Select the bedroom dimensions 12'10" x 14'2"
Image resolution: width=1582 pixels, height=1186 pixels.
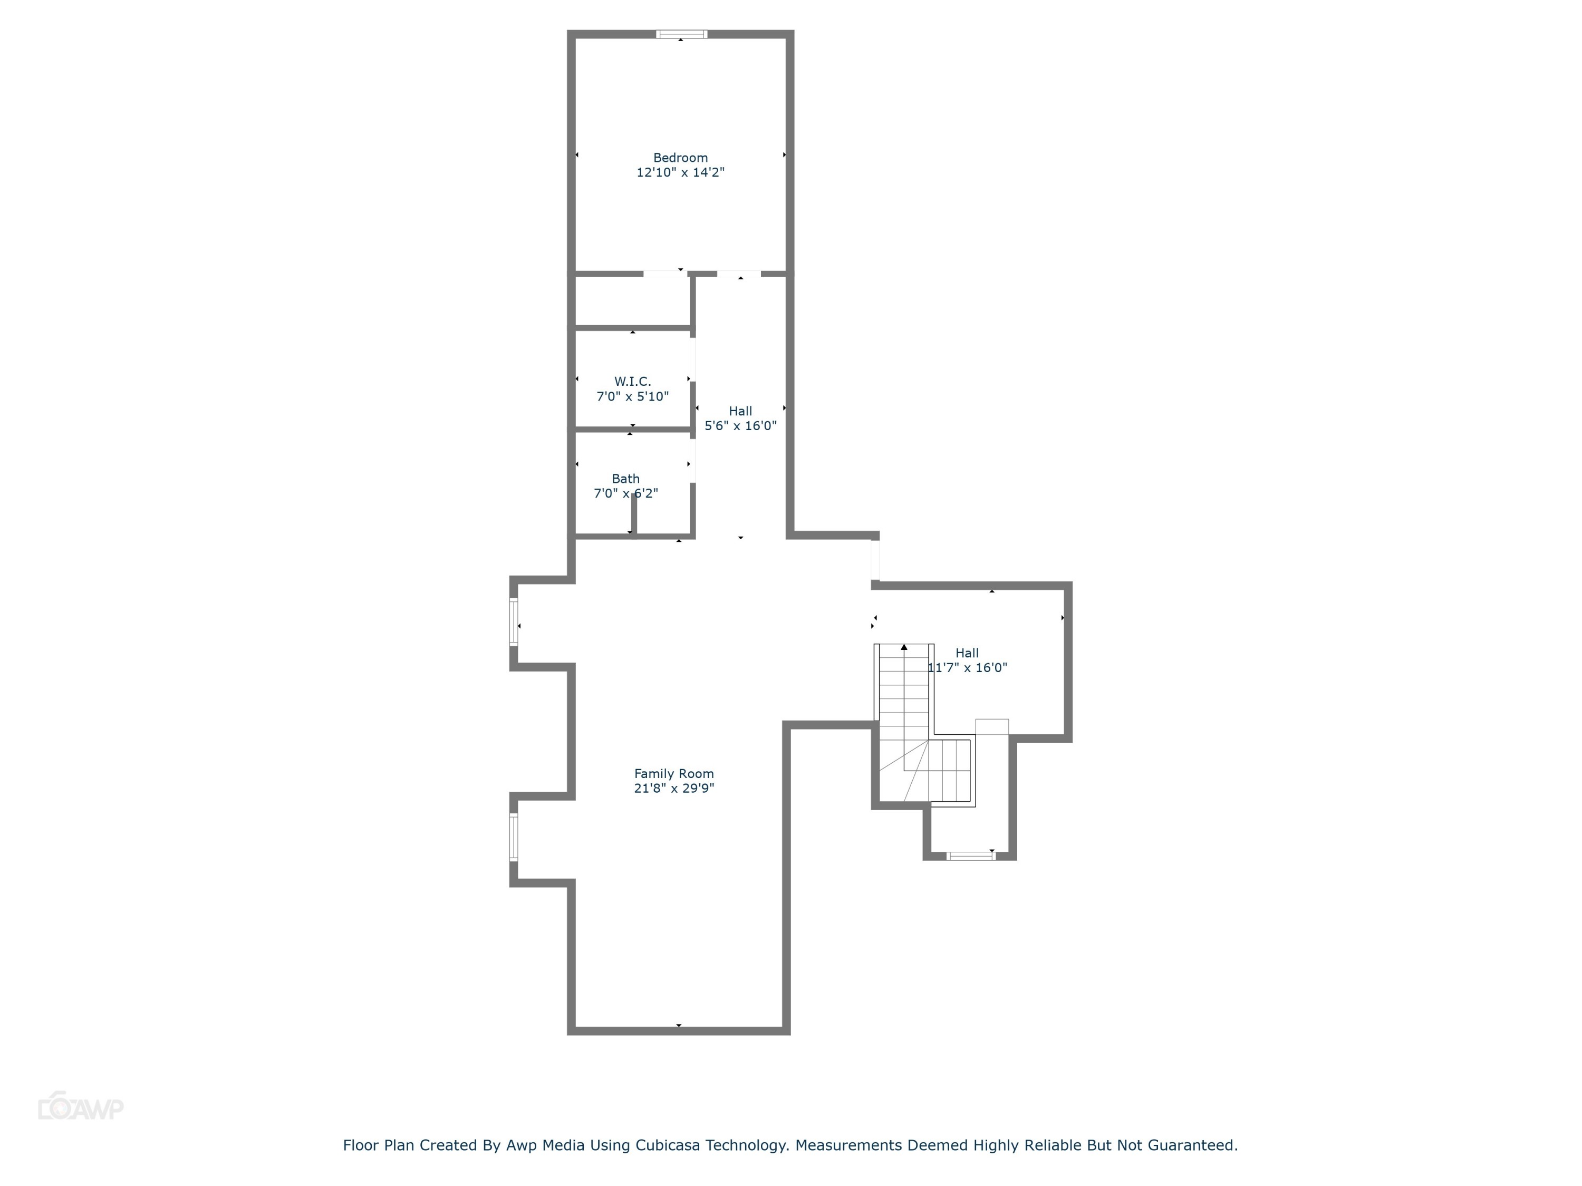[x=680, y=172]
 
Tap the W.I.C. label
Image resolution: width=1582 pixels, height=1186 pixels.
[x=632, y=382]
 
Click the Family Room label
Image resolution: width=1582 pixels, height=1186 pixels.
[x=674, y=773]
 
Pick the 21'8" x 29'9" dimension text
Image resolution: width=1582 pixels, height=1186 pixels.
[x=674, y=789]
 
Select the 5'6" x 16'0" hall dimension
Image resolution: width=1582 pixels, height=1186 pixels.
[x=740, y=426]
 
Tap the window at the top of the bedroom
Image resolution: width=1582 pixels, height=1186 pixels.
[x=681, y=34]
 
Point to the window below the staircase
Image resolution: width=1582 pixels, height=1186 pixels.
[x=970, y=856]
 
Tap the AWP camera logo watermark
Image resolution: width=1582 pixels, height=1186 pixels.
[x=80, y=1107]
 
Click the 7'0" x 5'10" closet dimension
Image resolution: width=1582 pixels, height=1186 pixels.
[x=632, y=396]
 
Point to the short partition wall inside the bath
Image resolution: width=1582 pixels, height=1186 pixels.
[x=634, y=513]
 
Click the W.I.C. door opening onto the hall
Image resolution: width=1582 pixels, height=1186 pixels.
[x=692, y=359]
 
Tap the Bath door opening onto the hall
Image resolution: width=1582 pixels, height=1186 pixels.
[x=692, y=461]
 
